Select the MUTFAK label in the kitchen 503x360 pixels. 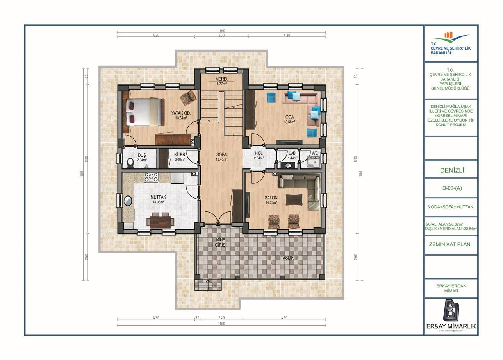(x=158, y=197)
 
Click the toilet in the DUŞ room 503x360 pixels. (x=130, y=162)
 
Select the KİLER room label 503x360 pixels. (x=179, y=155)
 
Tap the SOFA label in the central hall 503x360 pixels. (x=221, y=155)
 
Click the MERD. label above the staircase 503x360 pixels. (x=221, y=79)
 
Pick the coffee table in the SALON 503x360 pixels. (x=294, y=200)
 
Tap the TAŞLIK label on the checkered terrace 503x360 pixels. (x=287, y=258)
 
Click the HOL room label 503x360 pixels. (x=259, y=154)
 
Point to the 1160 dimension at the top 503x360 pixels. (x=221, y=31)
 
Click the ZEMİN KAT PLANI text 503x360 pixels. (x=451, y=244)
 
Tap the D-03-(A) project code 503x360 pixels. (x=451, y=188)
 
